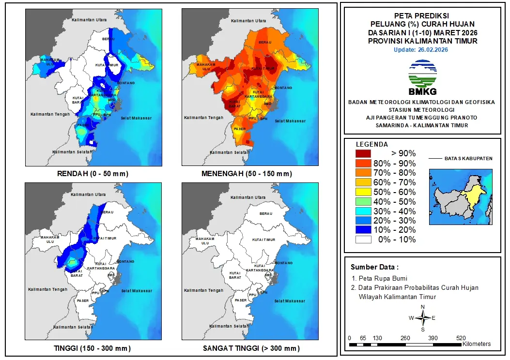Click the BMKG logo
[x=422, y=77]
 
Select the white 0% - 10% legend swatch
[x=363, y=240]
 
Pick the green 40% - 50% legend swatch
[x=363, y=201]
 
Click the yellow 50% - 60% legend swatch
[x=363, y=192]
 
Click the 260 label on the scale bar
[x=405, y=338]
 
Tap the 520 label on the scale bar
[x=461, y=338]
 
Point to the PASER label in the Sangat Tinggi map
[x=241, y=300]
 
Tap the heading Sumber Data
[x=375, y=267]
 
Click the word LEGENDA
[x=372, y=144]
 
